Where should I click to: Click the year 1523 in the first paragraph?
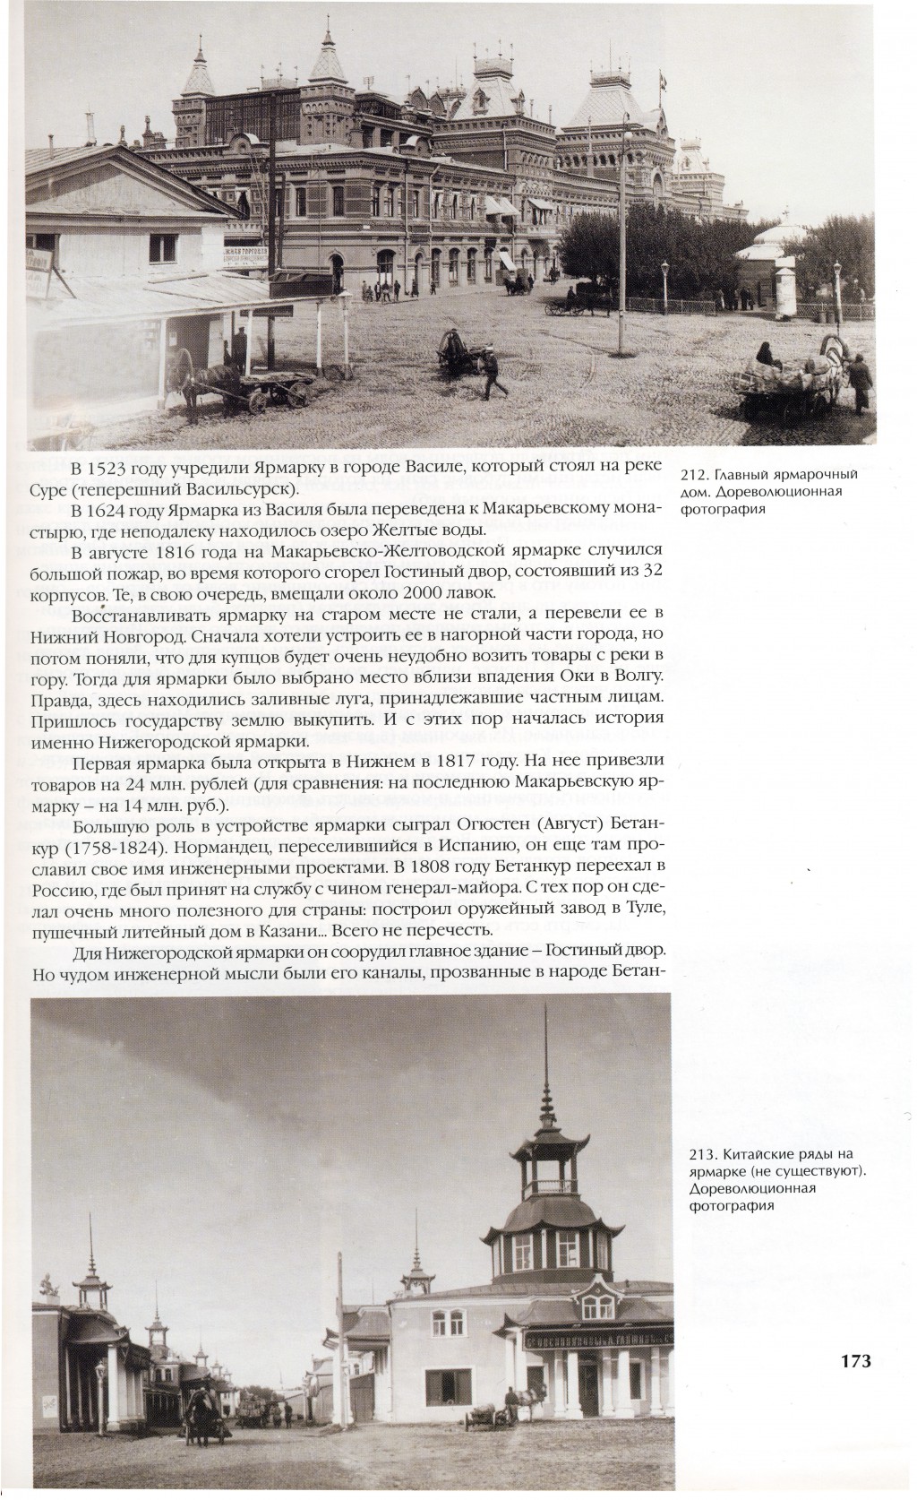coord(111,470)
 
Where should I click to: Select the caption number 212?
coord(694,474)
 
